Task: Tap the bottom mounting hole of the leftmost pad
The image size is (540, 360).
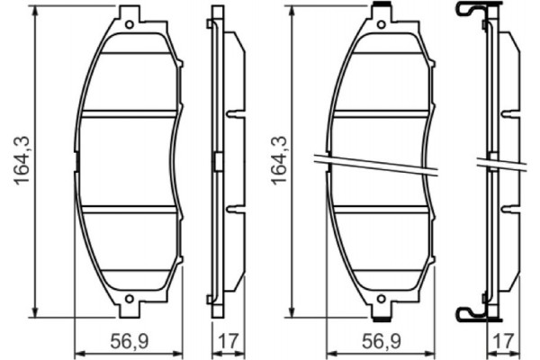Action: [x=129, y=299]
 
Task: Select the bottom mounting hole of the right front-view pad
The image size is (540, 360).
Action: [x=382, y=300]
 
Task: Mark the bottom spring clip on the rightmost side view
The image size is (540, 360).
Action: [x=475, y=312]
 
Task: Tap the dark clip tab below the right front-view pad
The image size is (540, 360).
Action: [x=382, y=315]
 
